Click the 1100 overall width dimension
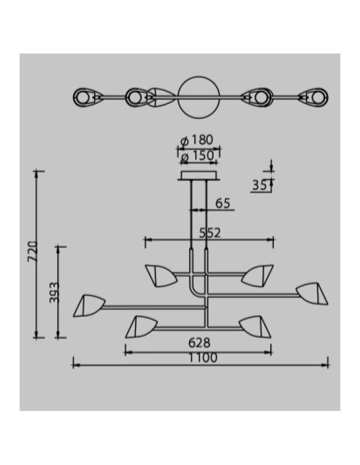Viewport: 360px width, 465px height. click(x=203, y=358)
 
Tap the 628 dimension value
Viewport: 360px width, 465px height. click(x=199, y=343)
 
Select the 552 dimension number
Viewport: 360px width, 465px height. click(x=210, y=233)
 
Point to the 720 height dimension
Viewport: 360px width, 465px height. click(x=33, y=252)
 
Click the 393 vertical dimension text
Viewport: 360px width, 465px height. click(x=54, y=293)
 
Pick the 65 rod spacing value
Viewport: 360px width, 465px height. click(x=223, y=203)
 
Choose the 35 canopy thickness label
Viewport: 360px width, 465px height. click(x=259, y=186)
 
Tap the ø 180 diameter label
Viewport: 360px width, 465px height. click(x=197, y=140)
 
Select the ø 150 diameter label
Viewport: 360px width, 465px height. click(x=197, y=156)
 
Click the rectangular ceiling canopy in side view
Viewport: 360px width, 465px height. click(x=199, y=175)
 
